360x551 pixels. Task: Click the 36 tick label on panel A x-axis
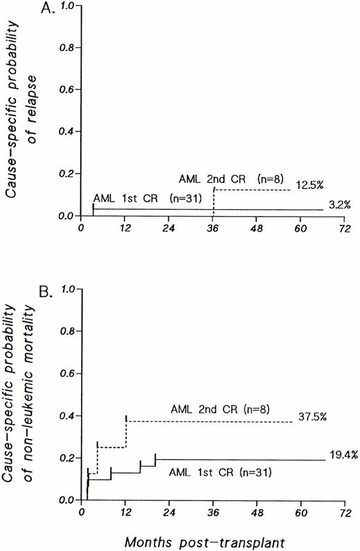point(213,226)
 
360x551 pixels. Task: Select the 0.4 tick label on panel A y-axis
point(67,132)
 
